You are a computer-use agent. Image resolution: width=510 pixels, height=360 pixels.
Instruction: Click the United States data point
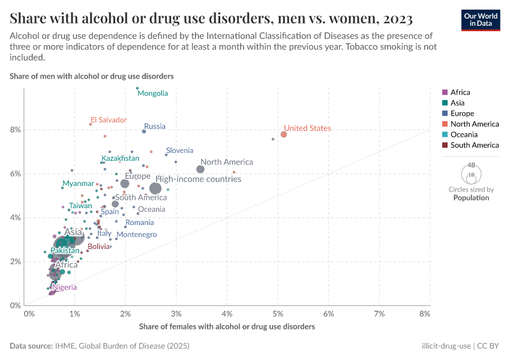[284, 134]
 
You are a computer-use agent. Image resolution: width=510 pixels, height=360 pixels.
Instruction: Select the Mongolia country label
[152, 93]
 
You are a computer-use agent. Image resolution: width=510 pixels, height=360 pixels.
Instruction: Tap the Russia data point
[144, 131]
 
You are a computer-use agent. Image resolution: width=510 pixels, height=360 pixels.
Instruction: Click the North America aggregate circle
[200, 169]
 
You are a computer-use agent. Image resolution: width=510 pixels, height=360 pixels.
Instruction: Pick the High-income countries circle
[156, 188]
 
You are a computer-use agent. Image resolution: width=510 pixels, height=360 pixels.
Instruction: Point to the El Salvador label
[109, 119]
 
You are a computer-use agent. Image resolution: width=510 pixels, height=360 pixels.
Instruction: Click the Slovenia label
[179, 150]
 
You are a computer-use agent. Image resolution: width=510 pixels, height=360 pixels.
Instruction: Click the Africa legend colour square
[445, 92]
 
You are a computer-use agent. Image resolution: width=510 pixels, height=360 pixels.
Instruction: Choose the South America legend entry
[474, 145]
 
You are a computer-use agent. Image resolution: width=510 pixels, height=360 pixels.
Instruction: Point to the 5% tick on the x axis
[278, 314]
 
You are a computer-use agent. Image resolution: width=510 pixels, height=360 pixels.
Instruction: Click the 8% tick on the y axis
[15, 130]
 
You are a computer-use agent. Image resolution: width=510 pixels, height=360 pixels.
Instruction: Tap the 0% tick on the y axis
[15, 305]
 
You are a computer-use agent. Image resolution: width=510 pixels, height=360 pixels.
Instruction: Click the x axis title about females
[227, 327]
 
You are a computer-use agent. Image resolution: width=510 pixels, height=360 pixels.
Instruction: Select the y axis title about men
[92, 76]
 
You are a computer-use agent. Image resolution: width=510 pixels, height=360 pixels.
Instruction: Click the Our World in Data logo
[481, 19]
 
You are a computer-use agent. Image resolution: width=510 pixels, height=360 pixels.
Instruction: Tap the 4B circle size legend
[471, 165]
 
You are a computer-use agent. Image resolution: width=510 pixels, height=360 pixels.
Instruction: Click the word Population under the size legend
[471, 197]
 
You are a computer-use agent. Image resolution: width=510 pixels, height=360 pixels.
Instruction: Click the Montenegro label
[136, 235]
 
